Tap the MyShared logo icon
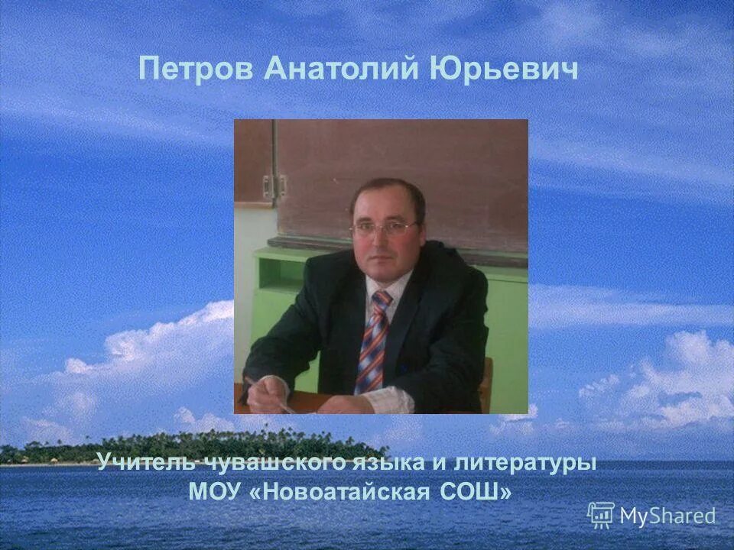click(601, 515)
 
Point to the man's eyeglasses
click(385, 228)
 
